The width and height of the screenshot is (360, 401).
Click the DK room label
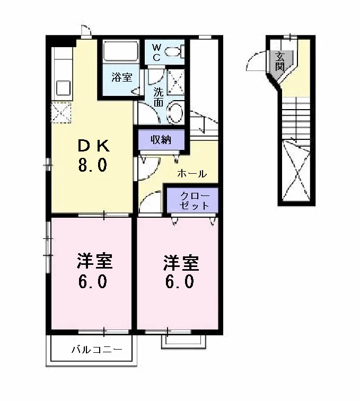click(93, 147)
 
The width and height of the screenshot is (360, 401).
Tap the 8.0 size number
click(92, 165)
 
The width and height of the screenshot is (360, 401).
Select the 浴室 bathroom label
click(122, 77)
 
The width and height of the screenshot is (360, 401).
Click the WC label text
click(157, 52)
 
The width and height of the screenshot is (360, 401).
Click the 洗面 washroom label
click(159, 97)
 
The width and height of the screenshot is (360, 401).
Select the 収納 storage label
click(161, 140)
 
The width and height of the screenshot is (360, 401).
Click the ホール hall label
click(192, 174)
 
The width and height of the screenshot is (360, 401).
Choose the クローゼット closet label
click(195, 201)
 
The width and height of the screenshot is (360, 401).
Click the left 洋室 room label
click(95, 261)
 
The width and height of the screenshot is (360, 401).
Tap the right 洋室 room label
click(181, 263)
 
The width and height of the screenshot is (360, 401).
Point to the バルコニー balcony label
click(97, 349)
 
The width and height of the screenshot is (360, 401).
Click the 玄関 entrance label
click(280, 61)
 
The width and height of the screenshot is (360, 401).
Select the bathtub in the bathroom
click(120, 51)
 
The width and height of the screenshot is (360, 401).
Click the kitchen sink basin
click(63, 88)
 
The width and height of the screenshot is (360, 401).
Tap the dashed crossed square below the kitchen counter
click(61, 112)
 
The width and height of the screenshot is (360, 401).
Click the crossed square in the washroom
click(175, 82)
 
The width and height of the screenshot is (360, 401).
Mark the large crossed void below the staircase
click(296, 170)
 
